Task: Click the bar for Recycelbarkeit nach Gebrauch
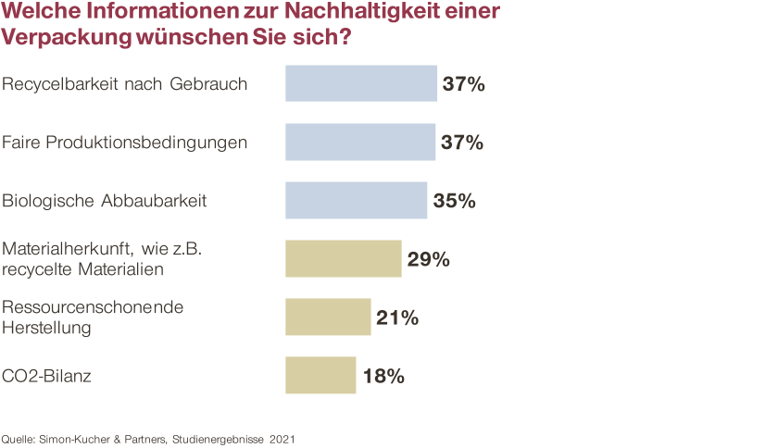(361, 83)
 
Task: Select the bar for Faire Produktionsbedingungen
(360, 143)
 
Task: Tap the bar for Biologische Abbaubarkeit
(357, 200)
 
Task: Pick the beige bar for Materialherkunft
(344, 258)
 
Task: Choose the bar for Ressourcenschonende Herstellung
(328, 317)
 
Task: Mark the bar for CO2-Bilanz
(320, 375)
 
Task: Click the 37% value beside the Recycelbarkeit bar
(463, 84)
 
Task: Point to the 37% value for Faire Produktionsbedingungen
(463, 143)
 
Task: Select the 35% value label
(454, 201)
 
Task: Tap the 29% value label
(428, 259)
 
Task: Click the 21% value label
(397, 317)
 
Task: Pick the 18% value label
(382, 376)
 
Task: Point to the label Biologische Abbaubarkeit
(104, 201)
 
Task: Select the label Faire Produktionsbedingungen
(124, 143)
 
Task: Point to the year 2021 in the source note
(282, 439)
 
